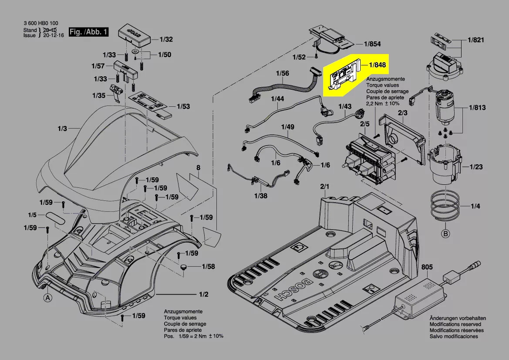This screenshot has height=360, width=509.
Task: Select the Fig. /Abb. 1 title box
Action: (x=88, y=32)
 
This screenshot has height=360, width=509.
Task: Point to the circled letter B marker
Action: (x=445, y=234)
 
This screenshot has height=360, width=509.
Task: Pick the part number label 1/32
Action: (x=166, y=40)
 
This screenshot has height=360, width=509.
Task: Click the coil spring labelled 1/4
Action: (x=445, y=206)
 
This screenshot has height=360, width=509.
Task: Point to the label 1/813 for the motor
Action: (x=477, y=108)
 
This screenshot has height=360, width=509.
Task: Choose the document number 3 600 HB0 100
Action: (x=41, y=24)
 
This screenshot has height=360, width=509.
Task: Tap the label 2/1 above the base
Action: (x=325, y=187)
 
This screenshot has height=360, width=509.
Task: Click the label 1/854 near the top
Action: (x=372, y=44)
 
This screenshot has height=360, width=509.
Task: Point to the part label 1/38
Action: (x=261, y=196)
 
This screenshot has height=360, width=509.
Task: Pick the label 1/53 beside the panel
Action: (x=183, y=106)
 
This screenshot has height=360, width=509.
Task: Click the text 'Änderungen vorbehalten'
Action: (x=455, y=318)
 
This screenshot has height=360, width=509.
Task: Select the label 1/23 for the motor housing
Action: (x=476, y=167)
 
